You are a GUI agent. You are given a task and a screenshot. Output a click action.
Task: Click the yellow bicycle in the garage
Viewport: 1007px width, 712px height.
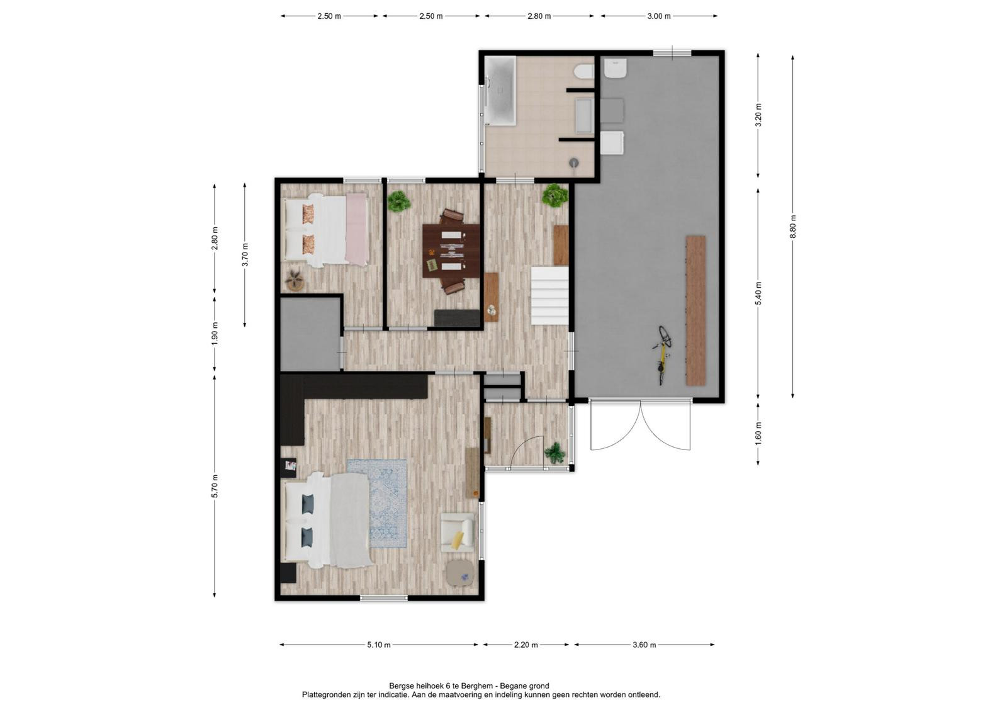tap(662, 355)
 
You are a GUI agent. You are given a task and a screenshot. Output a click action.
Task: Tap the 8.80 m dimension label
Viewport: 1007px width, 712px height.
tap(792, 228)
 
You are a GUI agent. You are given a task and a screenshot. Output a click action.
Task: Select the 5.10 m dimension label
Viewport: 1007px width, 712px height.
tap(379, 645)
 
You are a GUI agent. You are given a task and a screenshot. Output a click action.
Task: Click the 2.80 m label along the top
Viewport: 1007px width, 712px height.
tap(539, 16)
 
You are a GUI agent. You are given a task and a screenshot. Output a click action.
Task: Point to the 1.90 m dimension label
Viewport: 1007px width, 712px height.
tap(215, 334)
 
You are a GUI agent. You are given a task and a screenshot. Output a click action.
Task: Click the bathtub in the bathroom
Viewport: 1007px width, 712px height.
tap(500, 91)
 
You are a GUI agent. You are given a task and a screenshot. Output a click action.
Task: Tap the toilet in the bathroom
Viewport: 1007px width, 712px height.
tap(585, 72)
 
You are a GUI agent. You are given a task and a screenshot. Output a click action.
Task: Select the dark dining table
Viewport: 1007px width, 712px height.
tap(451, 251)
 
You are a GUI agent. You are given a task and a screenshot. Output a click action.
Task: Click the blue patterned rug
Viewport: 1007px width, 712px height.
tap(377, 503)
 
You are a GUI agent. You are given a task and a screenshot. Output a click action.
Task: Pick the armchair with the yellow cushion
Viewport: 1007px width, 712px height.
tap(457, 533)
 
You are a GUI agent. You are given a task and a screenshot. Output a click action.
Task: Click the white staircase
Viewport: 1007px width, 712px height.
tap(550, 295)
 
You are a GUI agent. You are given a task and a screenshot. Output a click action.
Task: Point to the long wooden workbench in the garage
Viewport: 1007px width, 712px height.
tap(695, 310)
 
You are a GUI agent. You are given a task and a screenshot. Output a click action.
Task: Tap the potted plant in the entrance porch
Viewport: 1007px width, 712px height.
tap(554, 452)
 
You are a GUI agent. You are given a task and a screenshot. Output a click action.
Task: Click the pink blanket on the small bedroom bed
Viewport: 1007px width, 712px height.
tap(357, 229)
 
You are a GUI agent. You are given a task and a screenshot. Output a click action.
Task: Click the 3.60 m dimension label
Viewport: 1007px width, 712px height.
tap(644, 645)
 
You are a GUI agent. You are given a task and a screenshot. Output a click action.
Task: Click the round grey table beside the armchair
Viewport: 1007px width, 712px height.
tap(459, 573)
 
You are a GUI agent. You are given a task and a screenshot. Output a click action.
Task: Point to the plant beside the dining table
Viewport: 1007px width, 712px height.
tap(399, 201)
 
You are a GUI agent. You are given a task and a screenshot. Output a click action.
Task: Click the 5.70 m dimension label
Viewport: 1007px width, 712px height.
tap(215, 486)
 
